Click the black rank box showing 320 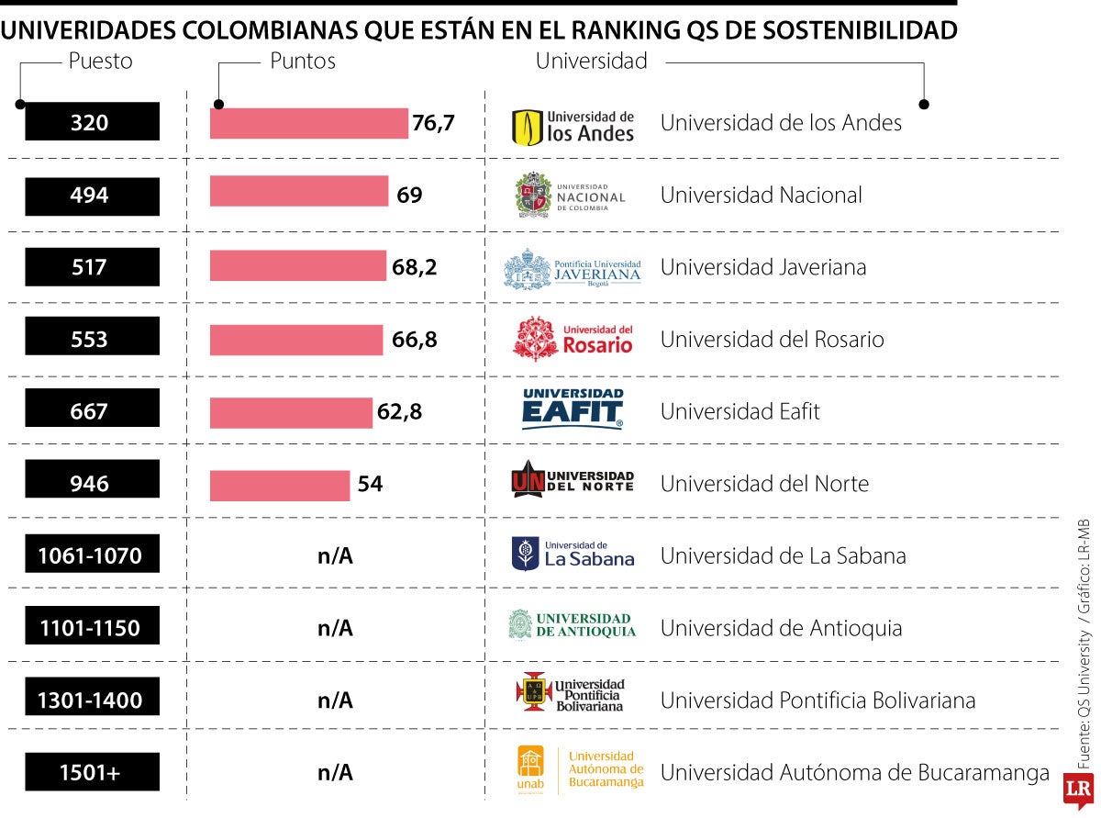coord(92,122)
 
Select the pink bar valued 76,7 coord(308,123)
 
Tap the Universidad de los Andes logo coord(573,127)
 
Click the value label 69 coord(409,195)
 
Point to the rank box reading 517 coord(92,267)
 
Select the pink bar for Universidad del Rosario coord(295,340)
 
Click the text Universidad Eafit coord(740,411)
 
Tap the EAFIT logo coord(573,409)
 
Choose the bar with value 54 coord(280,485)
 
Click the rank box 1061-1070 coord(92,555)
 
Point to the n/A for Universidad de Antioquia coord(335,628)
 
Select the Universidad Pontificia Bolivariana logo coord(571,693)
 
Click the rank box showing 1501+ coord(92,772)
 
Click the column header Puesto coord(100,62)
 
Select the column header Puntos coord(302,62)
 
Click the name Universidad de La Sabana coord(783,556)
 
